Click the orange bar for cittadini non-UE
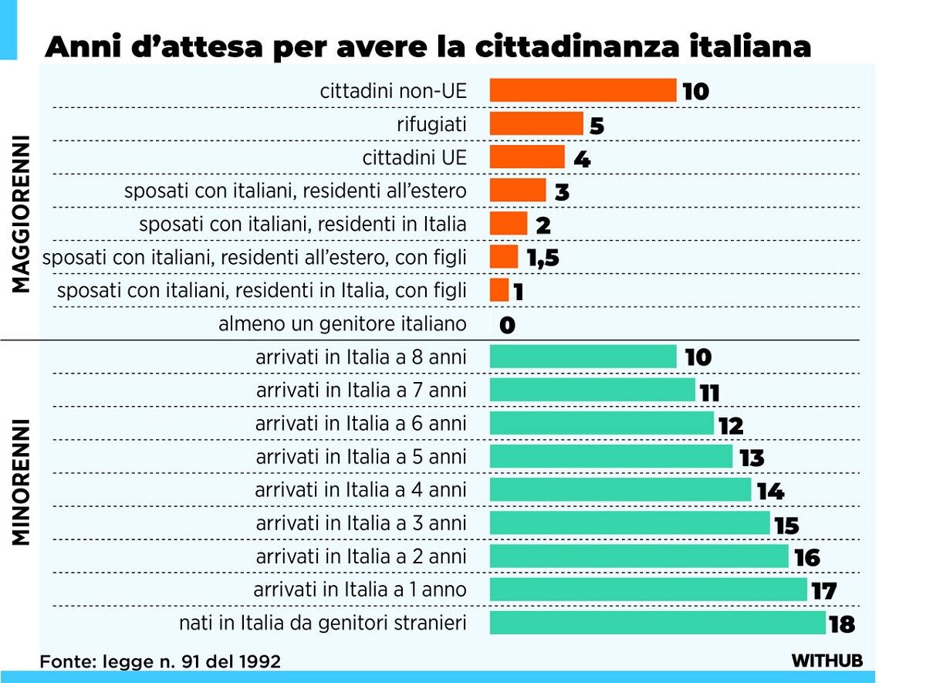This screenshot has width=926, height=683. (x=583, y=90)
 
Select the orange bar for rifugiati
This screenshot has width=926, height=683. (x=536, y=123)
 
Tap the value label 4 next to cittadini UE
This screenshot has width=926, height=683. (x=582, y=159)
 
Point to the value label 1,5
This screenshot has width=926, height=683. (x=542, y=259)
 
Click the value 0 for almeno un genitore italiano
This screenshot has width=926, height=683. (x=507, y=325)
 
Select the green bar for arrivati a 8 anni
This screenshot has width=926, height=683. (x=583, y=357)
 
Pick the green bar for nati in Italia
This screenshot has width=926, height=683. (x=657, y=623)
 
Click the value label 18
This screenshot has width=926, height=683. (x=842, y=624)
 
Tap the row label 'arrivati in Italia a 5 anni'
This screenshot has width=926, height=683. (x=361, y=456)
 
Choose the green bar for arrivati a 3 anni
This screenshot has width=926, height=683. (x=630, y=522)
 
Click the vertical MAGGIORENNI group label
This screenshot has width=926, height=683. (x=22, y=215)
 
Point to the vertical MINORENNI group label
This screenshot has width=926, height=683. (x=22, y=482)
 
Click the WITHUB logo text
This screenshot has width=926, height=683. (x=826, y=661)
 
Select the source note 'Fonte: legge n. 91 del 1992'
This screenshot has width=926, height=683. (x=160, y=661)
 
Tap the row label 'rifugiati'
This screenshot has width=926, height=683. (x=431, y=124)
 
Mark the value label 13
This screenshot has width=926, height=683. (x=751, y=458)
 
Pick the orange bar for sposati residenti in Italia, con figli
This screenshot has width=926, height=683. (x=499, y=290)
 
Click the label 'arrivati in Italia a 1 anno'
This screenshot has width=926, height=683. (x=360, y=590)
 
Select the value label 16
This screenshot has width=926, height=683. (x=806, y=557)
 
